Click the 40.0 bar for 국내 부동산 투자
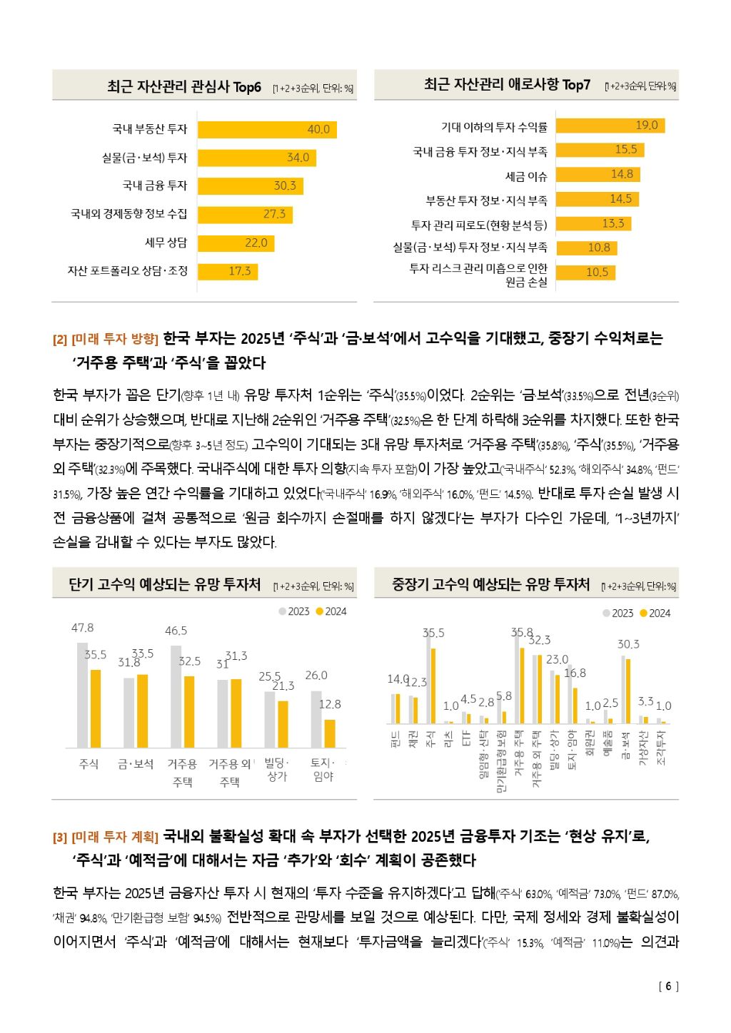click(266, 129)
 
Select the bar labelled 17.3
click(227, 271)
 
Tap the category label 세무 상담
click(166, 243)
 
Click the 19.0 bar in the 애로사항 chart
click(610, 126)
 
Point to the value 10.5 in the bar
click(597, 272)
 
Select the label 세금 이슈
click(526, 175)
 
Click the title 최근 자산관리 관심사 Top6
click(184, 87)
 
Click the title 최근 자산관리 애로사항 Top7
click(507, 85)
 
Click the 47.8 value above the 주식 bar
click(82, 628)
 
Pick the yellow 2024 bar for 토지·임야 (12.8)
click(330, 733)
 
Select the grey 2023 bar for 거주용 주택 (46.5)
click(176, 696)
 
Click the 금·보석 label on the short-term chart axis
click(136, 764)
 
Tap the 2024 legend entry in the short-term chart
click(331, 611)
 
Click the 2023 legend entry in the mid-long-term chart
click(618, 614)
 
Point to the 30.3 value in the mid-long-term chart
click(628, 644)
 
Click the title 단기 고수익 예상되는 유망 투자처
click(164, 585)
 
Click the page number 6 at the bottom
click(668, 987)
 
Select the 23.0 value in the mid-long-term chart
click(557, 660)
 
